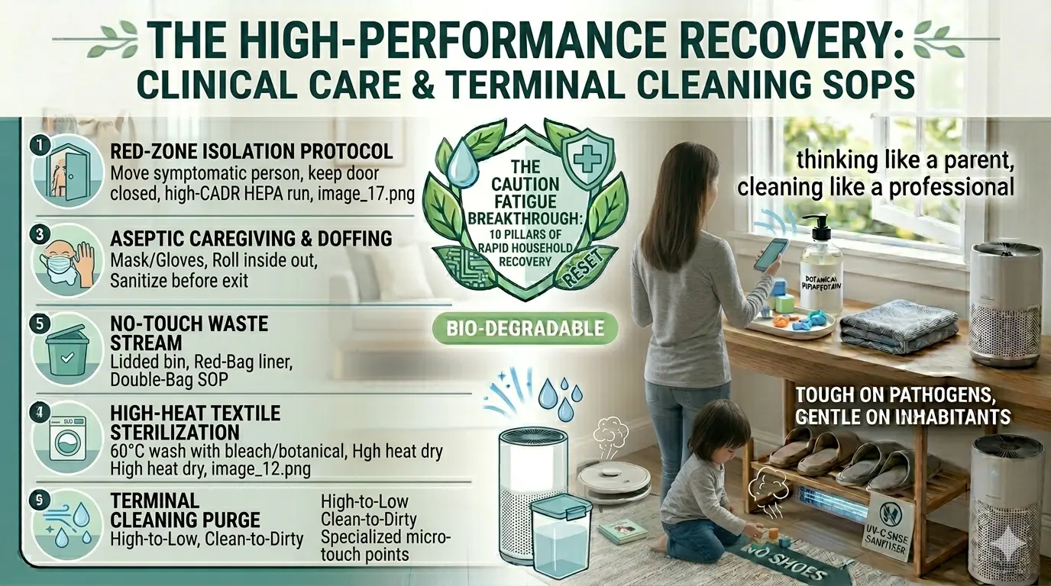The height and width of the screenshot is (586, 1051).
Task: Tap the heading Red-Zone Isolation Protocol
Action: tap(252, 151)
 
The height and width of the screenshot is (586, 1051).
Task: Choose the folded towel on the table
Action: tap(897, 324)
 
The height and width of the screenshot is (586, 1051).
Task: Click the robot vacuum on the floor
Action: tap(613, 481)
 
